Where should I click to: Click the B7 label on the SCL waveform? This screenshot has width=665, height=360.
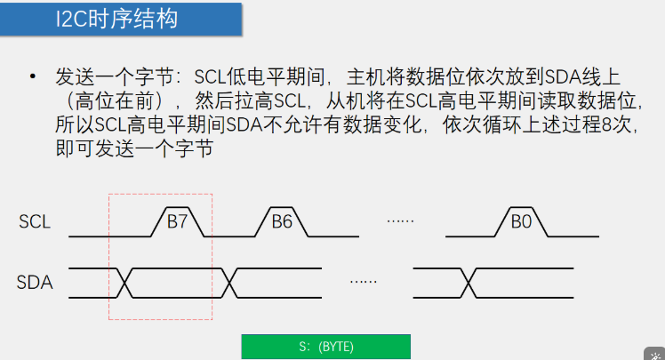point(177,221)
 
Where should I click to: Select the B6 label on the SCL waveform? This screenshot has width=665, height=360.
point(282,221)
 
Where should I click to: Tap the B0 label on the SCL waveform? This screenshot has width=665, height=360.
point(520,221)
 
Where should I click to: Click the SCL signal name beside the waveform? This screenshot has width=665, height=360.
point(35,221)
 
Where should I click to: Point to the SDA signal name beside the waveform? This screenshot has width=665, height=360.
point(36,283)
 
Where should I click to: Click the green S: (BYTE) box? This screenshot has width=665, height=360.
point(325,347)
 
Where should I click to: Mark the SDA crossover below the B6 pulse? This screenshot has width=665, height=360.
point(230,283)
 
